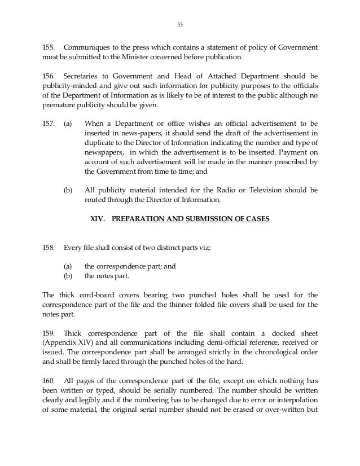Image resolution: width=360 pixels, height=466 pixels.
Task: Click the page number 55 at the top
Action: pos(181,24)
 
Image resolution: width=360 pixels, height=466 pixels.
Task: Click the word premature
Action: pos(59,107)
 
